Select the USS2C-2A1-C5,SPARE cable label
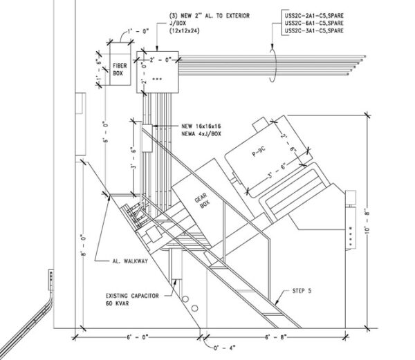[x=316, y=15]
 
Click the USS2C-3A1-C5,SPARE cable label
[x=316, y=30]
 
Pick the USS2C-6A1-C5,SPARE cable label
[x=316, y=23]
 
